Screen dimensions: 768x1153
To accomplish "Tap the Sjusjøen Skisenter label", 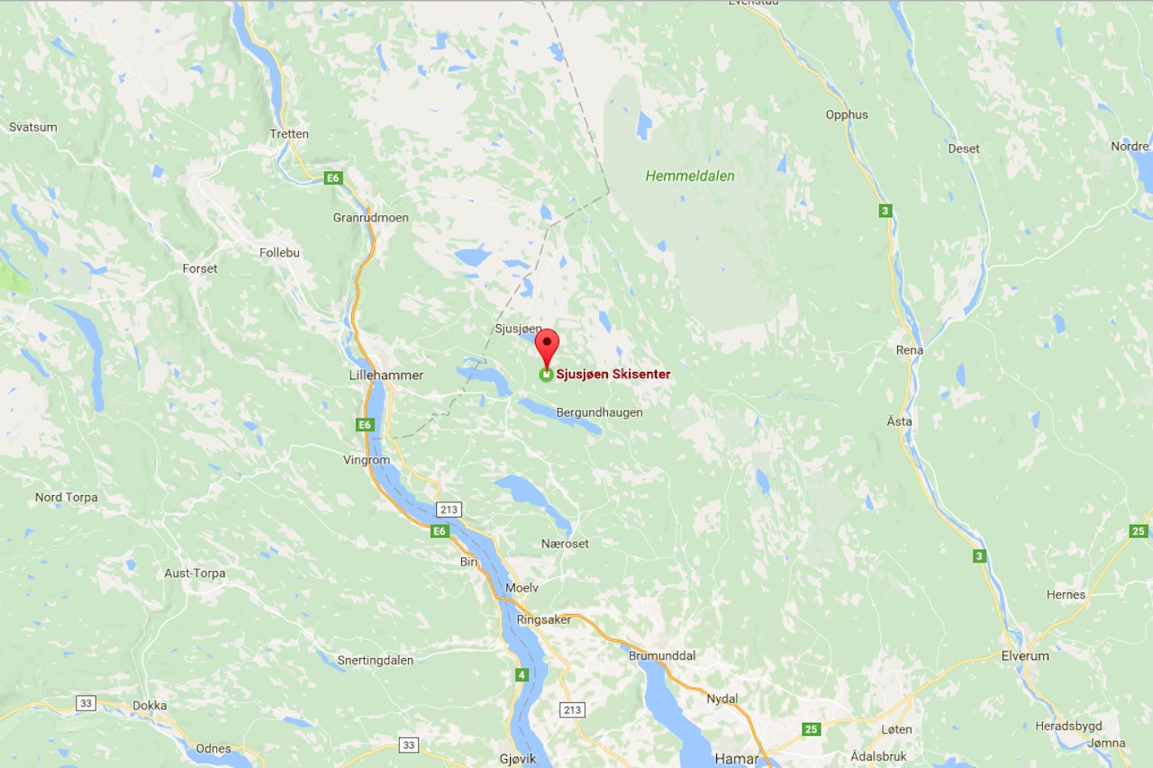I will (x=613, y=375).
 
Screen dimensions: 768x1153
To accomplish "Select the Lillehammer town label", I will (x=386, y=375).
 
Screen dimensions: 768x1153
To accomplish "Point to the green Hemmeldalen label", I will (x=690, y=176).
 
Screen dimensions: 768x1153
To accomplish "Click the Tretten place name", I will (x=289, y=134).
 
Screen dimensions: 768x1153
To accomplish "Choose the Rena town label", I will (x=910, y=349).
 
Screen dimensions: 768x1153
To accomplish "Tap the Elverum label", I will (x=1025, y=656).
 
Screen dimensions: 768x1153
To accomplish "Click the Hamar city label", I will (x=736, y=759).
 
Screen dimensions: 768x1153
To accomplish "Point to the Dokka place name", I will (x=150, y=706).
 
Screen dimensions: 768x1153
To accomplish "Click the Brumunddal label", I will (x=662, y=656).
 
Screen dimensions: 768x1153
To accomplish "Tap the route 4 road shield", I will (x=522, y=674).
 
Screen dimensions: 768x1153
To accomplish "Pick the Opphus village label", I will (x=847, y=114).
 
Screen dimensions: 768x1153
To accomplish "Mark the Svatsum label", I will (x=33, y=127).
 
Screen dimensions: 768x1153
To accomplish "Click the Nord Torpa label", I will (x=67, y=497).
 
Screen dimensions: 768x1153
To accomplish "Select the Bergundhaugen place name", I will (x=600, y=412).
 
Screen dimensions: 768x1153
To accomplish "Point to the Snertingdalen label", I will (x=376, y=660).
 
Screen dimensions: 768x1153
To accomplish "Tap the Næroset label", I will (x=565, y=544).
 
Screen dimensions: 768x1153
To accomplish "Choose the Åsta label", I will (x=899, y=421).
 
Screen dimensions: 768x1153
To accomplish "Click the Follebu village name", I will (x=279, y=253).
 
